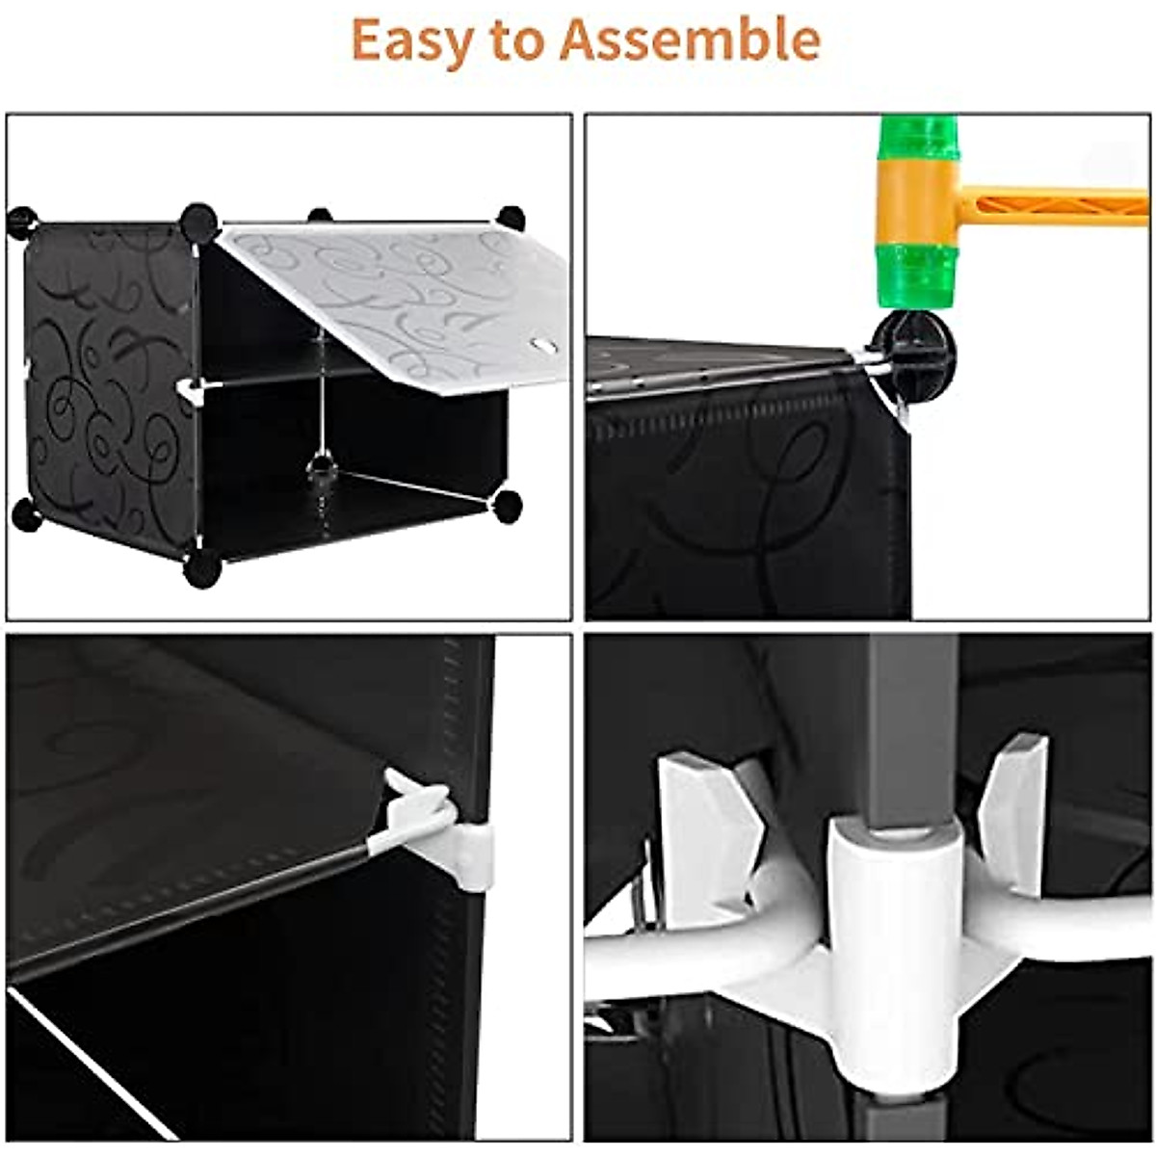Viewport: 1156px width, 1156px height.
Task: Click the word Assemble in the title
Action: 690,39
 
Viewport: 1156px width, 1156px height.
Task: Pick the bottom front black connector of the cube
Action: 202,568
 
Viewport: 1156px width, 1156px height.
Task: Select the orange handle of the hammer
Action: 1060,205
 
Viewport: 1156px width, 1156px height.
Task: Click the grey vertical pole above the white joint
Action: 911,722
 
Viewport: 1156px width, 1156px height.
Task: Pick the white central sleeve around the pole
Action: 891,915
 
